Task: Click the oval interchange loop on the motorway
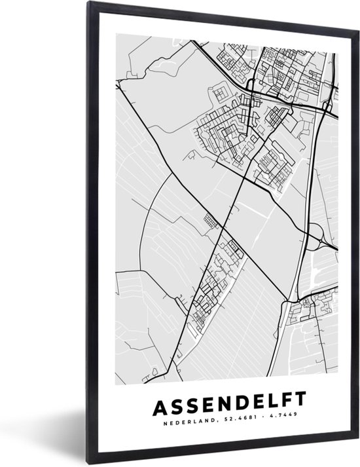click(315, 233)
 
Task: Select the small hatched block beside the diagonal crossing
click(210, 220)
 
